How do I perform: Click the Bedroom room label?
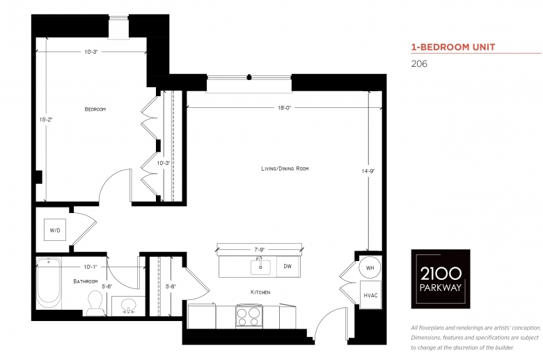click(95, 109)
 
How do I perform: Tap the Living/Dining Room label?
click(285, 169)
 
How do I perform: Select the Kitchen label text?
click(260, 292)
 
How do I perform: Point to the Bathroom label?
click(86, 281)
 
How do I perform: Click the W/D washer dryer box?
click(55, 230)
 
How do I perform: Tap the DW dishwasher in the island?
click(288, 267)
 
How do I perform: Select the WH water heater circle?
click(370, 268)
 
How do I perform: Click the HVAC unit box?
click(370, 295)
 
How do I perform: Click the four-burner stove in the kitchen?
click(249, 316)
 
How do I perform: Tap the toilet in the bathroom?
click(95, 304)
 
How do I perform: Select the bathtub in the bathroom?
click(49, 283)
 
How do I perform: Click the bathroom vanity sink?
click(129, 306)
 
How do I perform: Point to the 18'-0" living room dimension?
click(285, 108)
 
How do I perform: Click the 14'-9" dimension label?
click(368, 171)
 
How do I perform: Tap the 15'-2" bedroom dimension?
click(46, 120)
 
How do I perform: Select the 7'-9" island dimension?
click(260, 249)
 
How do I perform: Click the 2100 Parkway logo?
click(441, 279)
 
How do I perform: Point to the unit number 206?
click(419, 64)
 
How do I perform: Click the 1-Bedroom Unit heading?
click(453, 47)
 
